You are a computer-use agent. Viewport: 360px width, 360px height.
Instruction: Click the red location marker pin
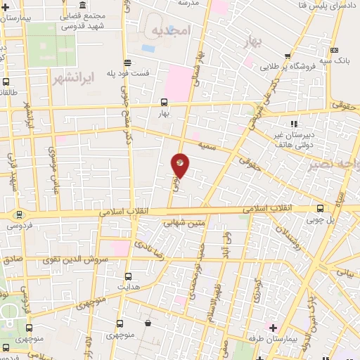coord(181,165)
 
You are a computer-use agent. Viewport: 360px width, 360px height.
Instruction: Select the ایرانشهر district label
coord(73,78)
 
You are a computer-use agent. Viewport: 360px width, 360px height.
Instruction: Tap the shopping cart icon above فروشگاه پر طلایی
coord(288,56)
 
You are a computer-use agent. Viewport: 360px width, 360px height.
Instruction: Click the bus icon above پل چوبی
coord(321,208)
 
